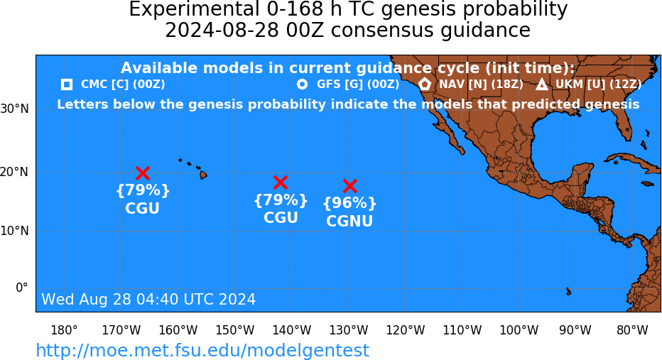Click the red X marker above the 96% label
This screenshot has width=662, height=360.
pos(350,186)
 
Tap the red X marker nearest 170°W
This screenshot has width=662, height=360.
pos(143,173)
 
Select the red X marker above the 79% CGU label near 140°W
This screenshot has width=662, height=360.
pos(281,182)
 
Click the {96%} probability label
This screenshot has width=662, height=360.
pos(349,203)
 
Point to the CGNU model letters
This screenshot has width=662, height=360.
pos(349,221)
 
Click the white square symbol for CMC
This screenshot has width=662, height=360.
pos(67,84)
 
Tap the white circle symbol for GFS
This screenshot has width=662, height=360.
pos(303,84)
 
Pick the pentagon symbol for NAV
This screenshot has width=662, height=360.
pos(425,84)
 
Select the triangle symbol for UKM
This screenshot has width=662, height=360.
pos(542,84)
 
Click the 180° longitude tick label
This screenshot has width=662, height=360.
pos(64,330)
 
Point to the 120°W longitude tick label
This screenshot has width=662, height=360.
pos(406,330)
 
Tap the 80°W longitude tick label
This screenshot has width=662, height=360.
pos(632,330)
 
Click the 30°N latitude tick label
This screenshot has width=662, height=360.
pos(15,109)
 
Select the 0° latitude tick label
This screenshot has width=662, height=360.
pos(22,288)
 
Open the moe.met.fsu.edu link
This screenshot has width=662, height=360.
pos(202,350)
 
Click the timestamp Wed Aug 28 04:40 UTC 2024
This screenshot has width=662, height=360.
pos(148,299)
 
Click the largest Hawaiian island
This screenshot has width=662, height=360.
pos(203,174)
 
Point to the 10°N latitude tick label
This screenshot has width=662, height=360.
pos(15,231)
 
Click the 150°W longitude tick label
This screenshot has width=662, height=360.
pos(235,330)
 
